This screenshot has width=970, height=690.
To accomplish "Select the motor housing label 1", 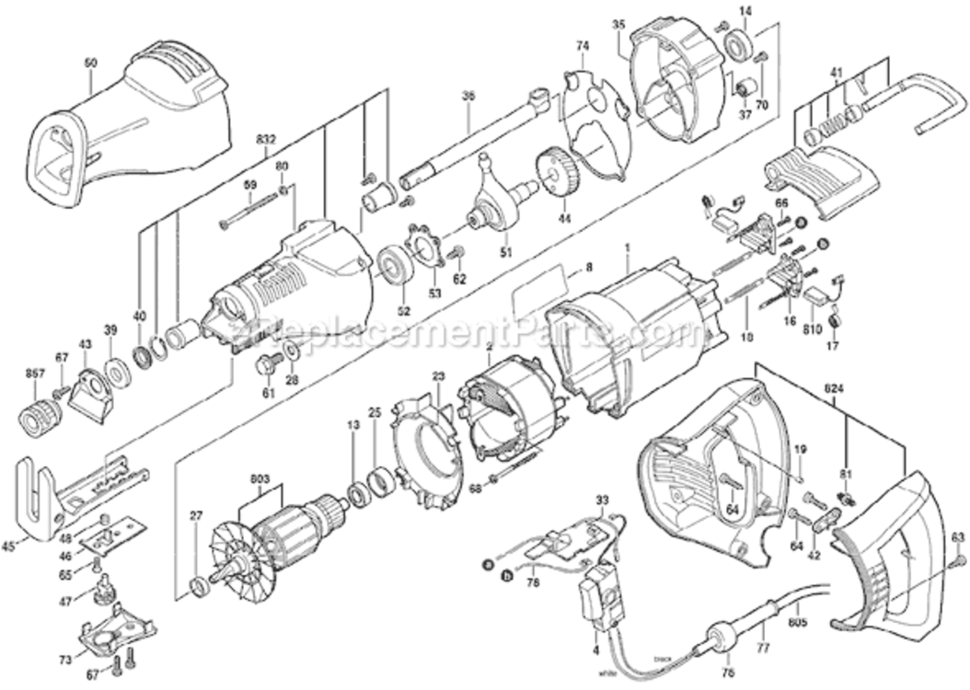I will [x=629, y=248].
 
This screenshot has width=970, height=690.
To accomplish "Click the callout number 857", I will [x=33, y=374].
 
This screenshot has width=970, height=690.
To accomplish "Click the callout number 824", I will [x=834, y=388].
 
